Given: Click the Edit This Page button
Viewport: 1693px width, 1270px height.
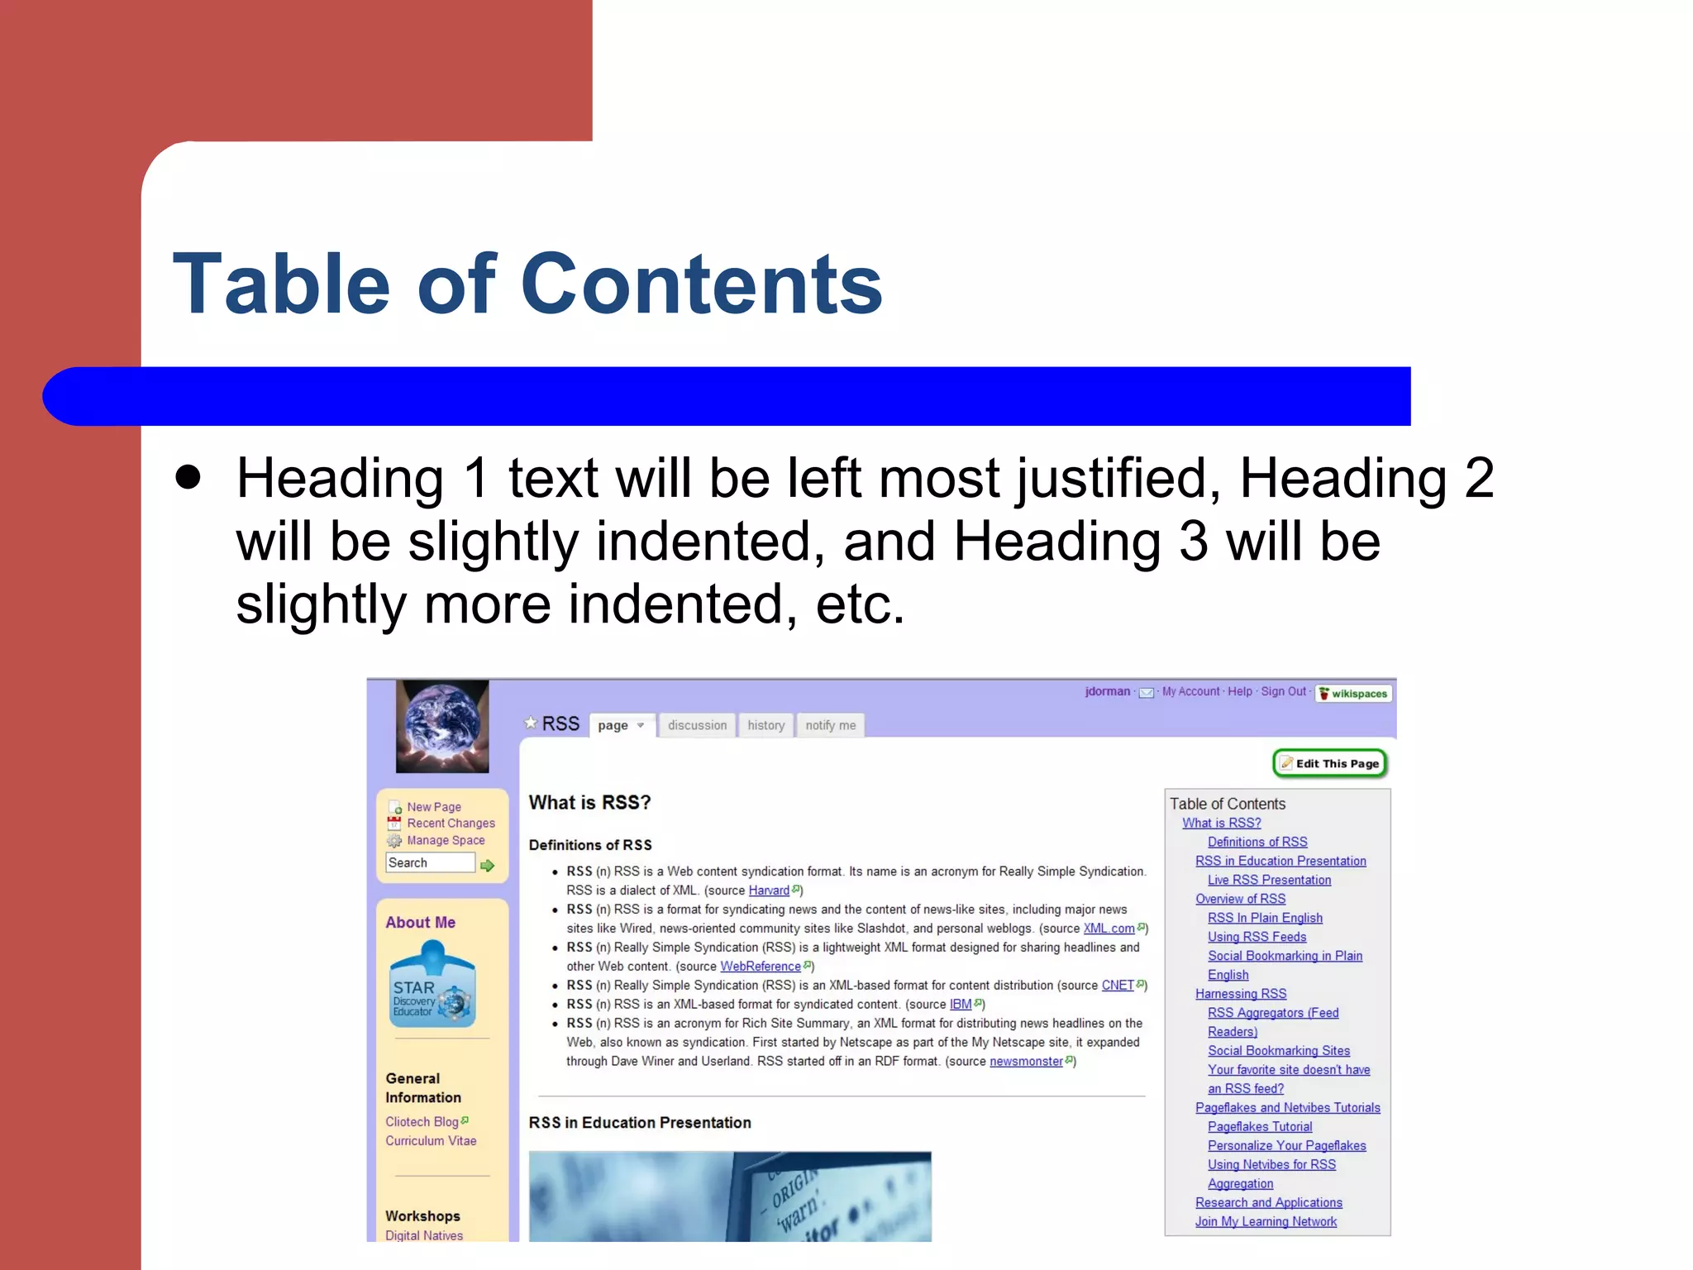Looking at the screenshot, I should click(1329, 763).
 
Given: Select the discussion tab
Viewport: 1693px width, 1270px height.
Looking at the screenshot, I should click(697, 725).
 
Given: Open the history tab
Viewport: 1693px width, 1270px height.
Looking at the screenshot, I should click(765, 725).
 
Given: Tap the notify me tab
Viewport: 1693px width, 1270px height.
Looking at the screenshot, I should click(830, 725).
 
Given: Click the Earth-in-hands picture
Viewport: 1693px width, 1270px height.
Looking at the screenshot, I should click(442, 726).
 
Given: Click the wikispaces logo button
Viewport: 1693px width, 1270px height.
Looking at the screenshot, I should click(1353, 693).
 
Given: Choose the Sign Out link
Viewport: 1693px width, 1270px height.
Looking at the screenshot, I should click(1283, 691).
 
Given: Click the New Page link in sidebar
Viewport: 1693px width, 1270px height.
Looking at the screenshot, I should click(433, 806).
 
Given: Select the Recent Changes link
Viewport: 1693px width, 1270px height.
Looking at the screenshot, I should click(451, 823).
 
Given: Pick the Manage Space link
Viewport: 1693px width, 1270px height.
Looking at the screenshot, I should click(446, 840).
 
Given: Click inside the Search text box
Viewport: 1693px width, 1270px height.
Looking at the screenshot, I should click(430, 862).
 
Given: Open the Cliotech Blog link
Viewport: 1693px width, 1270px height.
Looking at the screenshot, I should click(422, 1121).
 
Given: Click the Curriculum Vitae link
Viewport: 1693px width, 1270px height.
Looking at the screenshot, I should click(431, 1140).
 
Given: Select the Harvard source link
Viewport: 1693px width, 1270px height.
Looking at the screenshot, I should click(769, 890).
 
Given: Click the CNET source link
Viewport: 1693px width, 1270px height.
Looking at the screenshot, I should click(1118, 985).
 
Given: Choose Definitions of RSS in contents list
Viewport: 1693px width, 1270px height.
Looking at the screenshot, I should click(1257, 842).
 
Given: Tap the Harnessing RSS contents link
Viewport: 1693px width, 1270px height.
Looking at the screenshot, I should click(1240, 994).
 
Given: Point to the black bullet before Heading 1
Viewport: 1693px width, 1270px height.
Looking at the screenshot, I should click(188, 477).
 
